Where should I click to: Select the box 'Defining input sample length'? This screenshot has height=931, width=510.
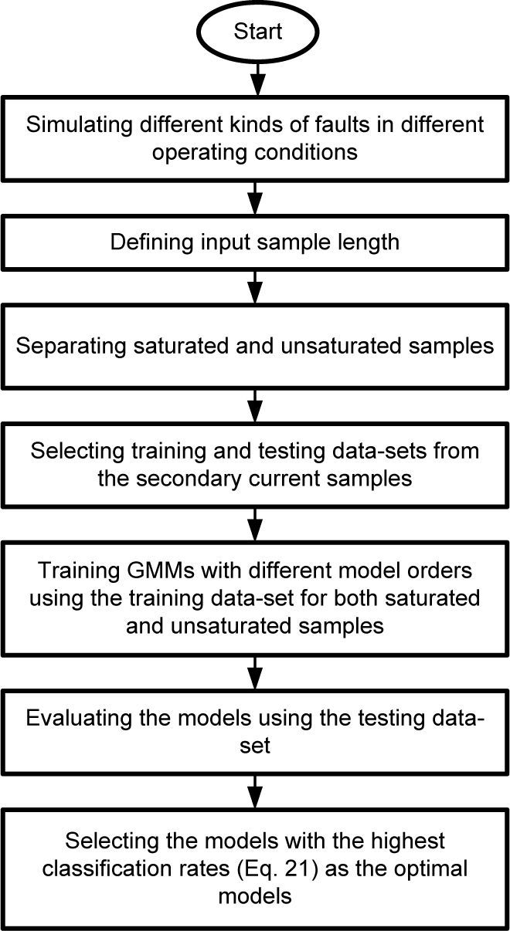tap(255, 242)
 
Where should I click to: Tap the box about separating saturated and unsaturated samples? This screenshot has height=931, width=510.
tap(255, 345)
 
